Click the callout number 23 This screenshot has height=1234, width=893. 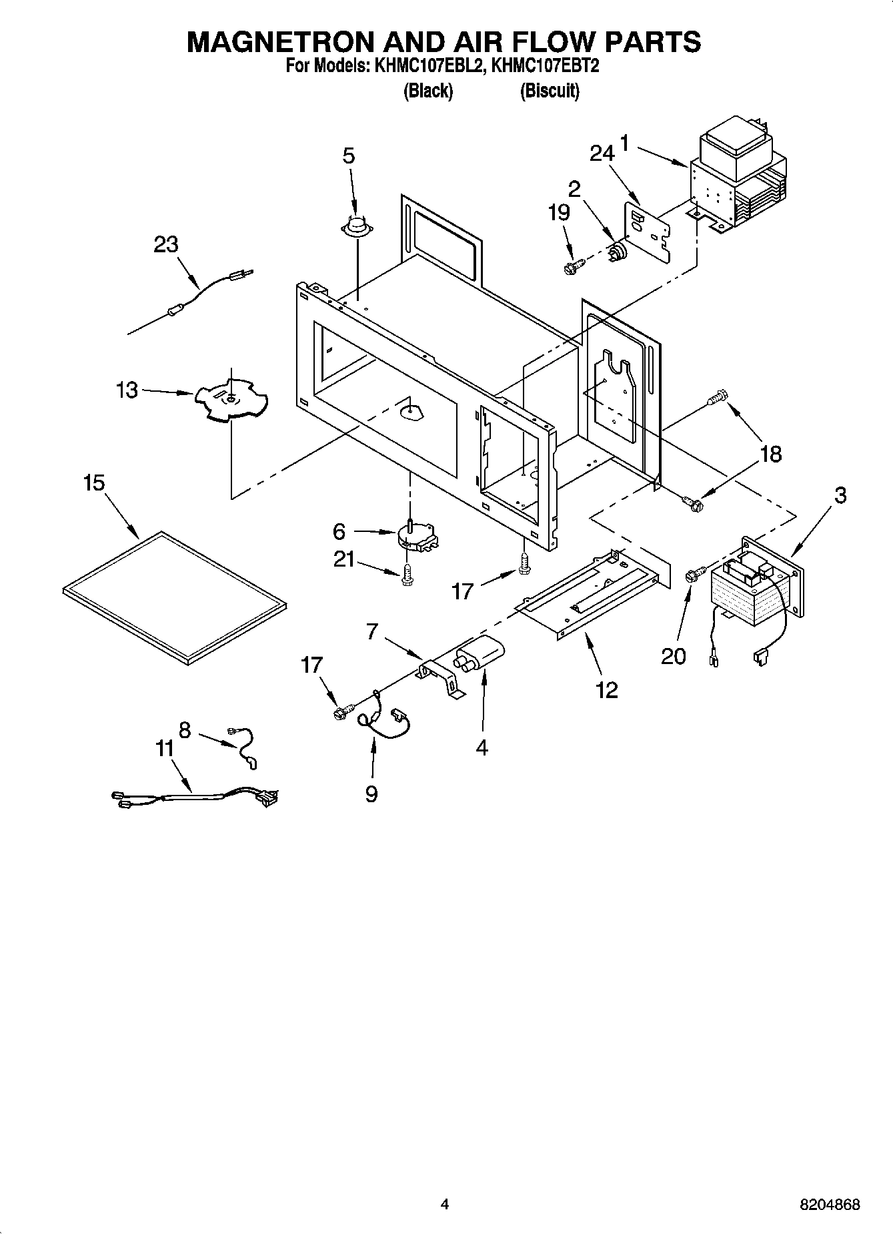165,245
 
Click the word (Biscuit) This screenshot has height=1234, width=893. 549,91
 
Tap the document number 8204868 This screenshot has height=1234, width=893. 829,1205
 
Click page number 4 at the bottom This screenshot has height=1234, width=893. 445,1205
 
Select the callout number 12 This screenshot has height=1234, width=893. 606,689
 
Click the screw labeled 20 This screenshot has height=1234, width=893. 694,574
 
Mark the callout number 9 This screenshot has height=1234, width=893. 371,794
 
